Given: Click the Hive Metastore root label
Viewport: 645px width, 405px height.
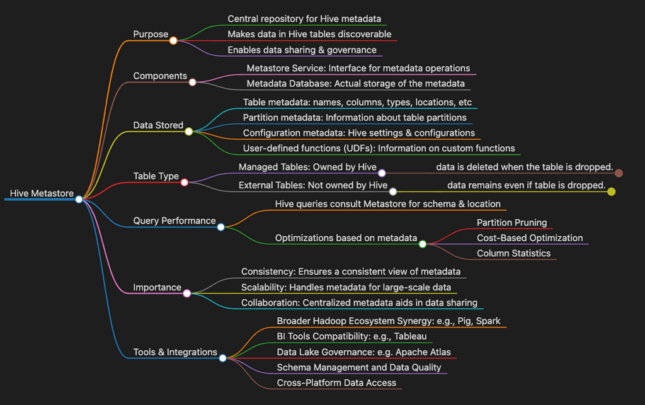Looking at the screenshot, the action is [x=42, y=193].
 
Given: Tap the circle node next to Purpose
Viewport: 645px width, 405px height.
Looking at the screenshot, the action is [x=173, y=40].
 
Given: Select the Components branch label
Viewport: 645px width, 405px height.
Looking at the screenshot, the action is [x=160, y=76].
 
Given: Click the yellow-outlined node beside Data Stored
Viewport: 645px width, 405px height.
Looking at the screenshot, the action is [x=188, y=132].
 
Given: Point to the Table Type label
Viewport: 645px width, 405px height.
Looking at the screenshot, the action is [x=156, y=176].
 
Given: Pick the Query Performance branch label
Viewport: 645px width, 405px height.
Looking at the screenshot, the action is [x=174, y=221].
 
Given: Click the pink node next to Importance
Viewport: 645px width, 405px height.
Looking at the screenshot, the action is [x=186, y=293].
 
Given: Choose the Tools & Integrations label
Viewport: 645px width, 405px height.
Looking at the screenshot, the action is [x=175, y=352].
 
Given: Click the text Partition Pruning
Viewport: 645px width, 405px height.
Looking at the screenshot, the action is [x=511, y=223].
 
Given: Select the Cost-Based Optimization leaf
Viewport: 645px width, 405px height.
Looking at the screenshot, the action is [x=530, y=238].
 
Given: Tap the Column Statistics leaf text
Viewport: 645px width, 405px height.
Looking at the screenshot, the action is [x=514, y=253].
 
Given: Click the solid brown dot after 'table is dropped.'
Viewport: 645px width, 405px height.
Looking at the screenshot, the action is [x=619, y=173].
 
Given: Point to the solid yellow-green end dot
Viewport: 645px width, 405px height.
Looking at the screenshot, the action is [x=611, y=191].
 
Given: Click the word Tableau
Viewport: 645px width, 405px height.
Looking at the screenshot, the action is [x=410, y=336].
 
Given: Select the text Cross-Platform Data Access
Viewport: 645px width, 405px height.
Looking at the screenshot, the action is [x=336, y=383].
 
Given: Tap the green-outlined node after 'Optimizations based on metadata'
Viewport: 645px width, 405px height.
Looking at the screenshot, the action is [x=423, y=244].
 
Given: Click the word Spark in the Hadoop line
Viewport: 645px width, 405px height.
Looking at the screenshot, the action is [x=488, y=321].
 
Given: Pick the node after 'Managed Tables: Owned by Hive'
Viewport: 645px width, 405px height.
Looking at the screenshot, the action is [x=382, y=173].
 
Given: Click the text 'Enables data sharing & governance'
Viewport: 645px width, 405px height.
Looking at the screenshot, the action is [x=302, y=50].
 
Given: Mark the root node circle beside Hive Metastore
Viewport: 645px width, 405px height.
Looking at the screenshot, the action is [x=79, y=200].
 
